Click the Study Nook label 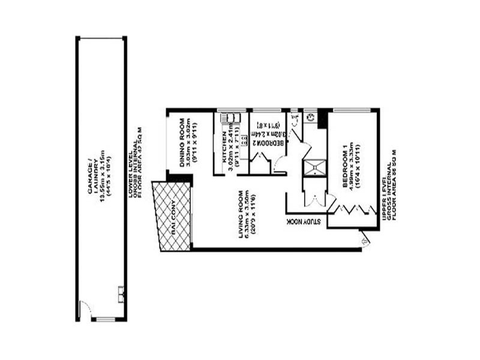(306, 221)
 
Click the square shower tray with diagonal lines (314, 167)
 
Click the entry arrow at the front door (366, 241)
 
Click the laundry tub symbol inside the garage (121, 293)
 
